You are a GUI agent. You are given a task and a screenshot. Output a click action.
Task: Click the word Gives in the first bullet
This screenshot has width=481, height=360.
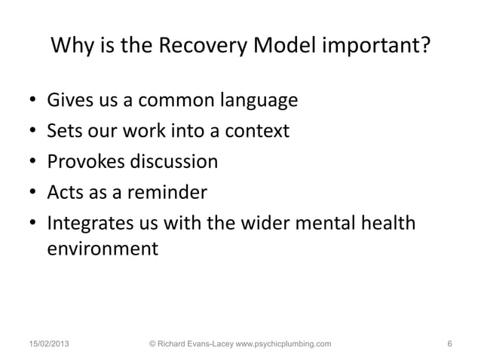[68, 100]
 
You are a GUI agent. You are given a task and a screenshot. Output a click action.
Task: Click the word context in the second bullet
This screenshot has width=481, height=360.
[255, 132]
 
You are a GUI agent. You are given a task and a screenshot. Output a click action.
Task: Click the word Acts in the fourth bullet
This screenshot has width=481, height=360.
[64, 194]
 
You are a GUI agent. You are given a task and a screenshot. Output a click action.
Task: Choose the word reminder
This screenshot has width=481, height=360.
[165, 194]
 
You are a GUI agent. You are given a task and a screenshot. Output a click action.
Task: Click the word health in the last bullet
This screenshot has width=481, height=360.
[390, 224]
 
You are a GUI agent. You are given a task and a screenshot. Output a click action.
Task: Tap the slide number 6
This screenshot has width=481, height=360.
[449, 344]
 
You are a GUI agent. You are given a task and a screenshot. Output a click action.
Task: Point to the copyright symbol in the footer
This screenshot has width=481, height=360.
[154, 344]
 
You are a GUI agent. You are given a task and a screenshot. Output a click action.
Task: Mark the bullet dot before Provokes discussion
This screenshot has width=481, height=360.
[33, 163]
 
